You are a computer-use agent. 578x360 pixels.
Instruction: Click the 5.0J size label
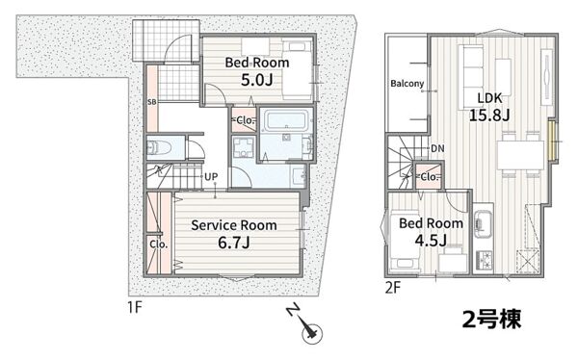point(257,79)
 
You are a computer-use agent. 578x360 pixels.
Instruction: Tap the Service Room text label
point(234,225)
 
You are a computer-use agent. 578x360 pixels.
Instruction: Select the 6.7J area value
point(234,243)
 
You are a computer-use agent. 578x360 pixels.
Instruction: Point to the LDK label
point(490,98)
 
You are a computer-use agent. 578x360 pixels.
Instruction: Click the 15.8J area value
point(489,116)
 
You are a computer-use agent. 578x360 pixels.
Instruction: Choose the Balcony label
point(407,84)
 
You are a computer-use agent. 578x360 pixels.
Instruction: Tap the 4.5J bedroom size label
point(431,241)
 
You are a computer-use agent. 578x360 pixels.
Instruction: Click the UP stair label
point(211,177)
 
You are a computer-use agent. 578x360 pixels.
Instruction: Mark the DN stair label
point(437,148)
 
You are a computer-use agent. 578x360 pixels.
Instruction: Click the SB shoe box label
point(152,102)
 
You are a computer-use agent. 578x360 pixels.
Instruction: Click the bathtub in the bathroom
point(286,121)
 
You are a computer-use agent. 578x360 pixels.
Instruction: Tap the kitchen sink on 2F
point(483,223)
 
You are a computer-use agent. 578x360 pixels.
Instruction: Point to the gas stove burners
point(483,261)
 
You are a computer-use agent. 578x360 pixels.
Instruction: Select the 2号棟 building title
point(491,319)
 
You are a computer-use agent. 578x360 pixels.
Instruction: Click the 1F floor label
point(135,307)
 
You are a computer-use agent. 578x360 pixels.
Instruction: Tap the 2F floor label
point(393,288)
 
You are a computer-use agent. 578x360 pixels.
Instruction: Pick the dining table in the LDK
point(520,155)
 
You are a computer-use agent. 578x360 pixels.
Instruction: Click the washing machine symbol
point(244,147)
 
